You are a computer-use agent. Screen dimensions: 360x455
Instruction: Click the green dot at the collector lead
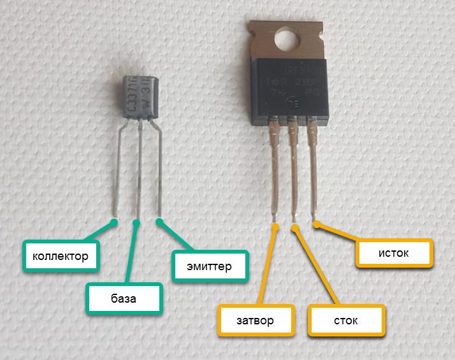point(115,222)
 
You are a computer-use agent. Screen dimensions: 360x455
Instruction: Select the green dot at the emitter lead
point(159,222)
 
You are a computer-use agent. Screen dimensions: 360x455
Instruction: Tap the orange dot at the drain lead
point(294,227)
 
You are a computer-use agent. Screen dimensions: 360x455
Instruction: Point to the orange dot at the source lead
point(315,223)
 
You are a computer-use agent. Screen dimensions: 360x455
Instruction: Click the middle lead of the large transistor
point(294,172)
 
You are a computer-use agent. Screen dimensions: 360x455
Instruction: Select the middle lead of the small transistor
point(139,172)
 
